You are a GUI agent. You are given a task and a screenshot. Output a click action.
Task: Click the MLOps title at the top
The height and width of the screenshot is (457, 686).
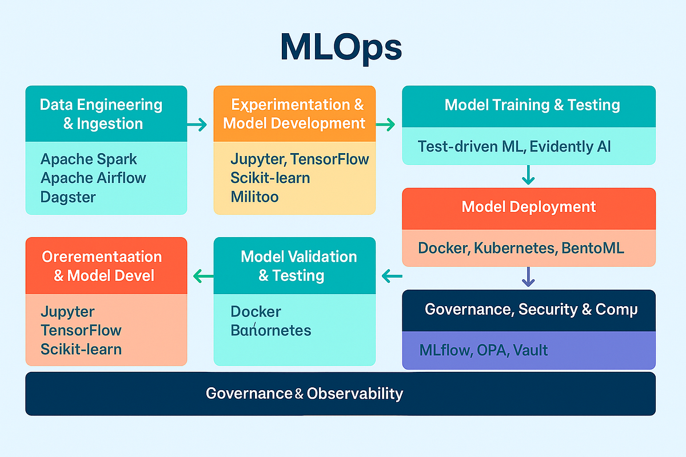coord(341,49)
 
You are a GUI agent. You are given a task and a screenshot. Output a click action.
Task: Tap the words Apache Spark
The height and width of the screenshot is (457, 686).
coord(89,159)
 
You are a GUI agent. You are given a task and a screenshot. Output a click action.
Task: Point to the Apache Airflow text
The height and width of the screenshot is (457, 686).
coord(93,178)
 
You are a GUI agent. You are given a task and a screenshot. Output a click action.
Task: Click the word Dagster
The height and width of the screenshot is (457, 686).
coord(68,197)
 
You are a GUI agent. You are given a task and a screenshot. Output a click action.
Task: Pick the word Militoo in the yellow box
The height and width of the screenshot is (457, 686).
coord(255,197)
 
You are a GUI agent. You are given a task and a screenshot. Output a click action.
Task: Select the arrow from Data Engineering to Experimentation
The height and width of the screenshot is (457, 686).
coord(197,125)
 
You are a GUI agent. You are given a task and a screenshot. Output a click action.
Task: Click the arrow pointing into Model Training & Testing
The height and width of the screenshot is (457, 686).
coord(386,125)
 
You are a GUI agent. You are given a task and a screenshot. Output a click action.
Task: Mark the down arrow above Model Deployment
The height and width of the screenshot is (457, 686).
coord(528,174)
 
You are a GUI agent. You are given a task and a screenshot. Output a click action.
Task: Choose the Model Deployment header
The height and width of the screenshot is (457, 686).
coord(528,207)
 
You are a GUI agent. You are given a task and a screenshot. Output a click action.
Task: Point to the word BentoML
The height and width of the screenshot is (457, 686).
coord(592,248)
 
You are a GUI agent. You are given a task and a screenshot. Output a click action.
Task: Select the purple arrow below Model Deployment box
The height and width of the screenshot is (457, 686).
coord(528,278)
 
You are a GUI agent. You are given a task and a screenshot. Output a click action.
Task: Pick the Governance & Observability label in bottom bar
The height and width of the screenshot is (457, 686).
coord(304,394)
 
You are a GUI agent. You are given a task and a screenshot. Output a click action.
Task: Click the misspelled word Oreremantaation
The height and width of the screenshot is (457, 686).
coord(102,256)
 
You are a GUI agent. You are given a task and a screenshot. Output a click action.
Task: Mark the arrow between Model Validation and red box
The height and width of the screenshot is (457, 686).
coord(204,277)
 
